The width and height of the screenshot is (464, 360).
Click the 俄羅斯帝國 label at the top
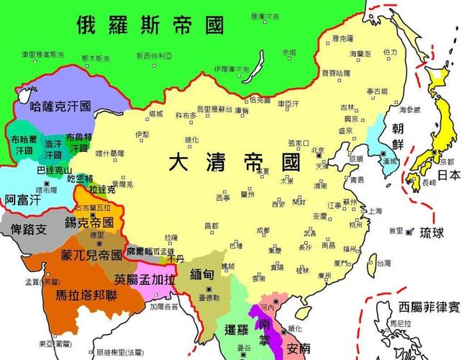(150, 26)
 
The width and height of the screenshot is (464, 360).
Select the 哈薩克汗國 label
(61, 107)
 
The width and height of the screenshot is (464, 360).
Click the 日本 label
(449, 175)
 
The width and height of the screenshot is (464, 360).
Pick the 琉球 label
(433, 233)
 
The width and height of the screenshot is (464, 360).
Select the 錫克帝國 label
(89, 223)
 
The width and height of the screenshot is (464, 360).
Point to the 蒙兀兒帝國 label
(91, 256)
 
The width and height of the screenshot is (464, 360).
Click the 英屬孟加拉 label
(144, 277)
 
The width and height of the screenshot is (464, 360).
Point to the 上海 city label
(375, 212)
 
